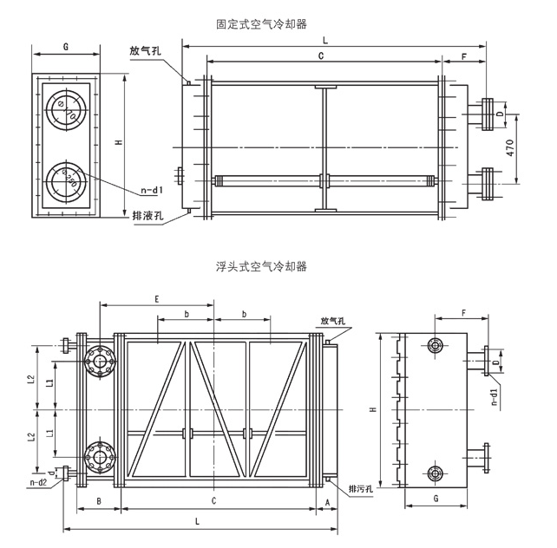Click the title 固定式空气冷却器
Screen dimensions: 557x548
point(261,24)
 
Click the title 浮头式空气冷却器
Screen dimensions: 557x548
point(261,266)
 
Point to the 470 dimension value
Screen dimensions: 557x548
point(510,148)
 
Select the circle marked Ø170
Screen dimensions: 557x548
point(65,109)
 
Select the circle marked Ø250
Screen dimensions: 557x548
point(65,181)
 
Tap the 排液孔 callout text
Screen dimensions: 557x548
point(147,215)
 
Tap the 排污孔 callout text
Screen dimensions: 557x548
point(361,489)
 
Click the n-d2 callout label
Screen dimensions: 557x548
point(38,483)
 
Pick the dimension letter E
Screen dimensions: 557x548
point(157,299)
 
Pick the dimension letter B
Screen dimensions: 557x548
point(99,501)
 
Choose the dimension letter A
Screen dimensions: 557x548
point(328,502)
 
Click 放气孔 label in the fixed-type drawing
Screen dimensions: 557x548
point(145,51)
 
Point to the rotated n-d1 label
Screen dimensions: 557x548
point(495,396)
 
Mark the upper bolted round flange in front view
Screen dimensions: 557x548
point(100,362)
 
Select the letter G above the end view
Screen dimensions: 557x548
point(66,47)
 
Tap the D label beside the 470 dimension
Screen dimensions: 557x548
point(500,114)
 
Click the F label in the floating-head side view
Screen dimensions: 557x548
point(463,313)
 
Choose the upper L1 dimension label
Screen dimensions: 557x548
point(50,383)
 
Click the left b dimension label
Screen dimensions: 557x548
point(187,314)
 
